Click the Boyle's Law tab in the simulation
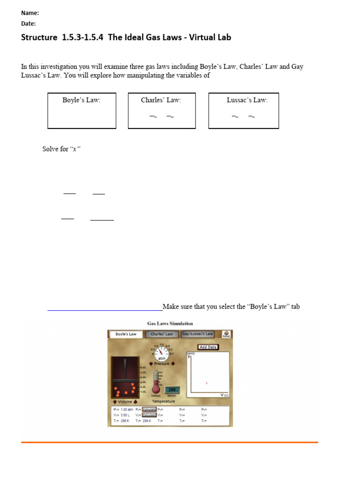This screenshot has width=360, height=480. click(126, 334)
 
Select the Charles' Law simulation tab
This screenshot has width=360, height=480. click(162, 334)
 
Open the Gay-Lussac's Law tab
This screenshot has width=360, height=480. click(197, 334)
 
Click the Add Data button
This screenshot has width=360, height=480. click(208, 347)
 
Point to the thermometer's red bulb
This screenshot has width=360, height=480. click(156, 390)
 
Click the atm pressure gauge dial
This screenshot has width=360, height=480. click(161, 352)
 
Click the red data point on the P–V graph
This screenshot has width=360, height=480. click(207, 383)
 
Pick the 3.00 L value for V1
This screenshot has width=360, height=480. click(124, 415)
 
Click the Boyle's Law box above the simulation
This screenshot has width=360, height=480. click(82, 111)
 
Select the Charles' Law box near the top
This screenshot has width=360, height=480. click(162, 111)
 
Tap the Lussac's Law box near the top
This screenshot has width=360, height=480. click(243, 111)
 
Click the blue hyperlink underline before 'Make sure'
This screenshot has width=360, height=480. click(105, 309)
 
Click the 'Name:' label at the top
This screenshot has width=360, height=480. click(30, 13)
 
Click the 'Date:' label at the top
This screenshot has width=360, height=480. click(29, 23)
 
